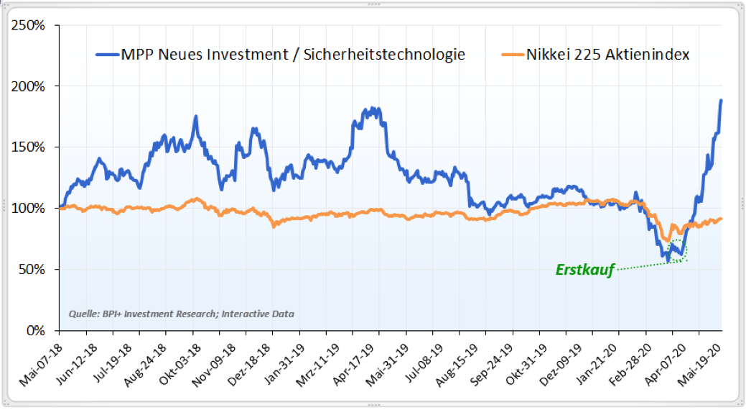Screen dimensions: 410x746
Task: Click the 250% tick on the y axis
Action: pyautogui.click(x=29, y=25)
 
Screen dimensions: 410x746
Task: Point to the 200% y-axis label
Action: pyautogui.click(x=29, y=86)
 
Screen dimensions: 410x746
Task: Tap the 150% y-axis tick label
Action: pyautogui.click(x=29, y=147)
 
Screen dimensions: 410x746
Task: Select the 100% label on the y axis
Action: pyautogui.click(x=29, y=209)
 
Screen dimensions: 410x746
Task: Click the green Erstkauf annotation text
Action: pyautogui.click(x=585, y=270)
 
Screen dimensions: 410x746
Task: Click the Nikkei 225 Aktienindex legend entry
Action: pyautogui.click(x=607, y=54)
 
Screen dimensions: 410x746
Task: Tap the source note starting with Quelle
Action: pyautogui.click(x=182, y=314)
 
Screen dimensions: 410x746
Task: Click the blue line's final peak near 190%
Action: pyautogui.click(x=721, y=101)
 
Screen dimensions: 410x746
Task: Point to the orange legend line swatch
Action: pyautogui.click(x=512, y=54)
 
